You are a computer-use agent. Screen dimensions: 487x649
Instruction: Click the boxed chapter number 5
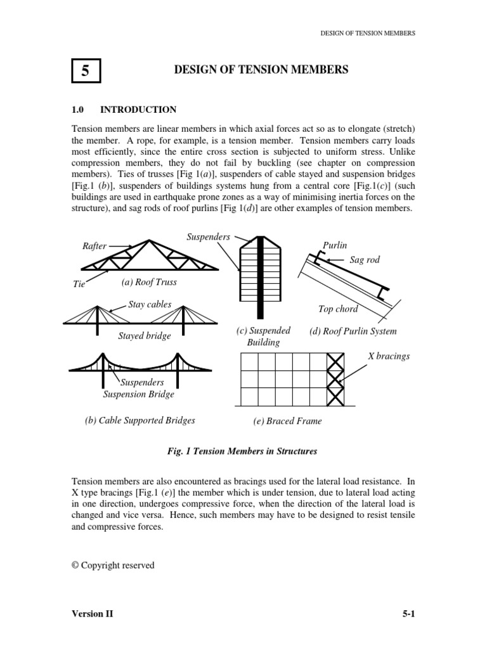click(86, 71)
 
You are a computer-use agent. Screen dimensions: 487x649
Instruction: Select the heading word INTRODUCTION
click(138, 110)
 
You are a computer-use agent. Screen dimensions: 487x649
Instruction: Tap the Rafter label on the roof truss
click(94, 246)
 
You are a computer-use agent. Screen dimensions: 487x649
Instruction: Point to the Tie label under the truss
click(79, 284)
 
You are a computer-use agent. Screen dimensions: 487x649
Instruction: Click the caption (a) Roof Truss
click(149, 282)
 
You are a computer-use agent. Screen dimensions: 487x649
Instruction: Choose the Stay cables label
click(150, 305)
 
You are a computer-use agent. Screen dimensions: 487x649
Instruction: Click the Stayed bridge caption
click(145, 336)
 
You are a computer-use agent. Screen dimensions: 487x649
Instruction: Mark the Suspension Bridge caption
click(139, 394)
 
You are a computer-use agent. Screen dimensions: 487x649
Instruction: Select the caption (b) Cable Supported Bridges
click(140, 421)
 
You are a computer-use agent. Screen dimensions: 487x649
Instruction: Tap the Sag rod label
click(365, 260)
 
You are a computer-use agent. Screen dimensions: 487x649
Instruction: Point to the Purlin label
click(335, 245)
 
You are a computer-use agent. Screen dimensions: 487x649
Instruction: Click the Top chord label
click(338, 309)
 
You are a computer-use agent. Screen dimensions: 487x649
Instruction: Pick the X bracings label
click(389, 356)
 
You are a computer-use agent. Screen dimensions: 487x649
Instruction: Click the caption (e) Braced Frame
click(287, 421)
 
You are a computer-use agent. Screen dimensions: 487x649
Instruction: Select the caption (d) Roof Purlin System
click(353, 331)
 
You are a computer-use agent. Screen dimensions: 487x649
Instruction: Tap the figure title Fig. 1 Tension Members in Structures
click(242, 451)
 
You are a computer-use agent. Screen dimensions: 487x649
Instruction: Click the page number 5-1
click(409, 614)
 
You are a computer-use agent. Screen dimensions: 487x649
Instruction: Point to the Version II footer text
click(93, 614)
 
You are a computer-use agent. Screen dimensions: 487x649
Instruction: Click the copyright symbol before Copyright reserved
click(75, 565)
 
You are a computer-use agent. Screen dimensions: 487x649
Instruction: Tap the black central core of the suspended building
click(260, 278)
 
